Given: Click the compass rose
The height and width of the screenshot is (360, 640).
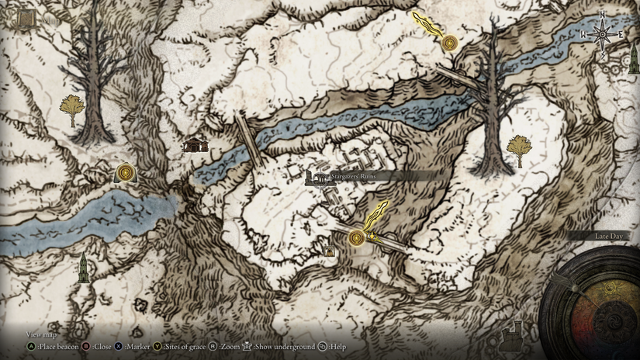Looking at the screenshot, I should coord(602,34).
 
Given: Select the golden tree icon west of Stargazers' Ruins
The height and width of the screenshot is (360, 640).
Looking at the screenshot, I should coord(72,108).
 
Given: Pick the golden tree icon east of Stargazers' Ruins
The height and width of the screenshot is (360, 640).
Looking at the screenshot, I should coord(519,147).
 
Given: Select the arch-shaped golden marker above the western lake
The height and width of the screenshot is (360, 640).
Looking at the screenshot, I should coord(125,172).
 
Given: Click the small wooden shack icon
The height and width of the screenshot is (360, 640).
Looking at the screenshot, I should coord(195,144).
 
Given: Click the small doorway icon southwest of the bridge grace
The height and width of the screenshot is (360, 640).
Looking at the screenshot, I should coord(330,251).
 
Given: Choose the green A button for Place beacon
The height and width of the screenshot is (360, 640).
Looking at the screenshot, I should coord(31,347).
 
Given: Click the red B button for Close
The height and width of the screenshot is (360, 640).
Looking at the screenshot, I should coord(86,347).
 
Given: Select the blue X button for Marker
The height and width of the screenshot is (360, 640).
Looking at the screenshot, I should coord(119,347).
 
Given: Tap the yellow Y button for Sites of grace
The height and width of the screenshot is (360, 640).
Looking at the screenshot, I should coord(157,347).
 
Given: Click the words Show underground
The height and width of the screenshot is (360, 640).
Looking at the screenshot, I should coord(285,347).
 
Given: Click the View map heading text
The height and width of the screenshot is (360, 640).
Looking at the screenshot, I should coord(41,334).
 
